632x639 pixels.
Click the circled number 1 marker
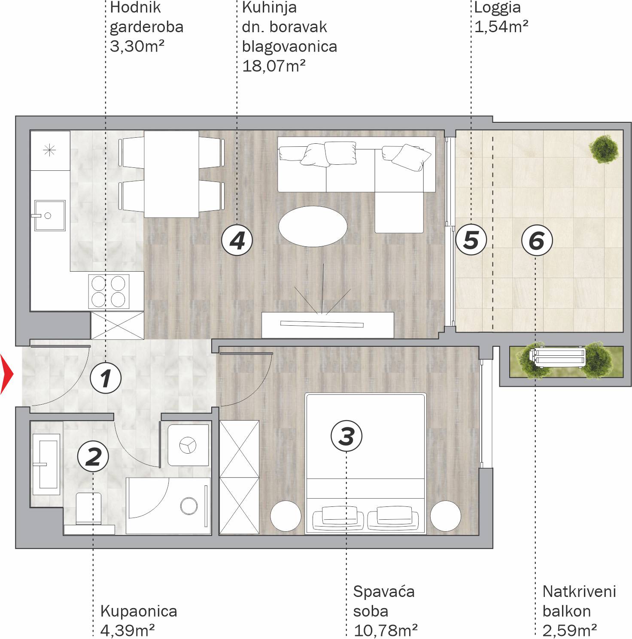click(106, 378)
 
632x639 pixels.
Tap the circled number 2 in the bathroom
click(93, 456)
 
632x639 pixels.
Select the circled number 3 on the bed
click(346, 436)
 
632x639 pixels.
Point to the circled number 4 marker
click(237, 240)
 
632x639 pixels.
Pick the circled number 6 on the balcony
click(537, 240)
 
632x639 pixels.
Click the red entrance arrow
click(7, 374)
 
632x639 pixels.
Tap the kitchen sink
click(50, 215)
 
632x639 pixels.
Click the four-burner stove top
click(109, 291)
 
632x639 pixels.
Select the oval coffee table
click(313, 226)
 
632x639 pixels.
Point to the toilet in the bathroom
click(89, 513)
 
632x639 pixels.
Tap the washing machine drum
click(188, 445)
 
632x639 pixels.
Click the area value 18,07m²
click(273, 66)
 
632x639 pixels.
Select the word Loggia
click(497, 8)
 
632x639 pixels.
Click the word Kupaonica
click(139, 611)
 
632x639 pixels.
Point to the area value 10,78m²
click(385, 630)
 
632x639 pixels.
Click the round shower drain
click(189, 506)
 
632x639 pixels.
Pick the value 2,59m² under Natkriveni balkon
click(569, 630)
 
